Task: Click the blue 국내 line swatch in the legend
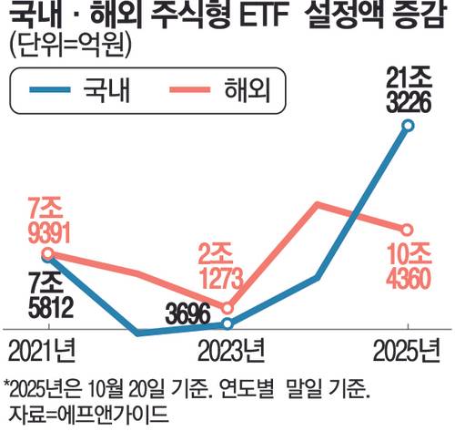pos(50,90)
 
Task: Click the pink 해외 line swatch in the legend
pos(190,90)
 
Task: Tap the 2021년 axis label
pos(42,350)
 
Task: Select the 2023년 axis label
pos(231,350)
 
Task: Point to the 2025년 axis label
pos(407,350)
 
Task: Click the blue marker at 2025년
pos(408,125)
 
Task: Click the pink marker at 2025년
pos(407,231)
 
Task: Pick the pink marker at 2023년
pos(227,309)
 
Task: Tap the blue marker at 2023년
pos(227,324)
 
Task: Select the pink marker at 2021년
pos(48,253)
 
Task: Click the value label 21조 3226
pos(409,90)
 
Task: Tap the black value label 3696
pos(188,314)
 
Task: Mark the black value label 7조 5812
pos(50,295)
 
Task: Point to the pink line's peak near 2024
pos(318,204)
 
